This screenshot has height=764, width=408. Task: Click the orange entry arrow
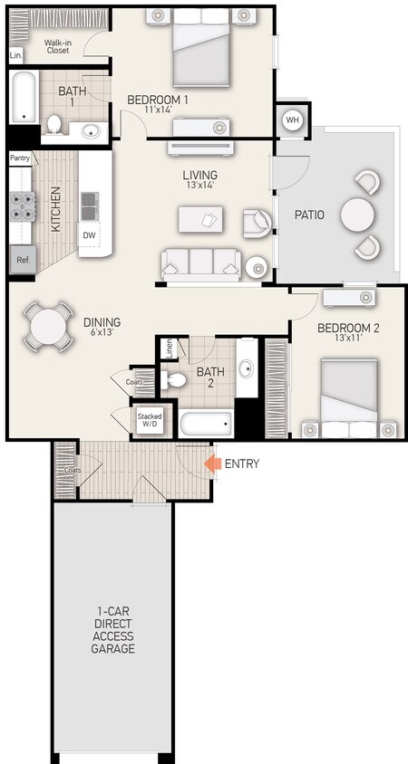click(212, 464)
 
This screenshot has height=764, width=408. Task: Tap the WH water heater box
click(292, 120)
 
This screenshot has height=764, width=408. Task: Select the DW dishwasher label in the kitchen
click(89, 235)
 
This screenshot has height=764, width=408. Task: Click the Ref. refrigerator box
click(22, 260)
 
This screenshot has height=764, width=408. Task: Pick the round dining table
click(48, 325)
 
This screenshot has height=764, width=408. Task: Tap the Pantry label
click(20, 158)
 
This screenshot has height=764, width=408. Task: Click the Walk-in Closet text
click(60, 48)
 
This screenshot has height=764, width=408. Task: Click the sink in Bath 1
click(92, 131)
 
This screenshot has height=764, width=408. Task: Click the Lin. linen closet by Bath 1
click(15, 55)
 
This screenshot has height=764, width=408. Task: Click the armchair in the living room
click(257, 220)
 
